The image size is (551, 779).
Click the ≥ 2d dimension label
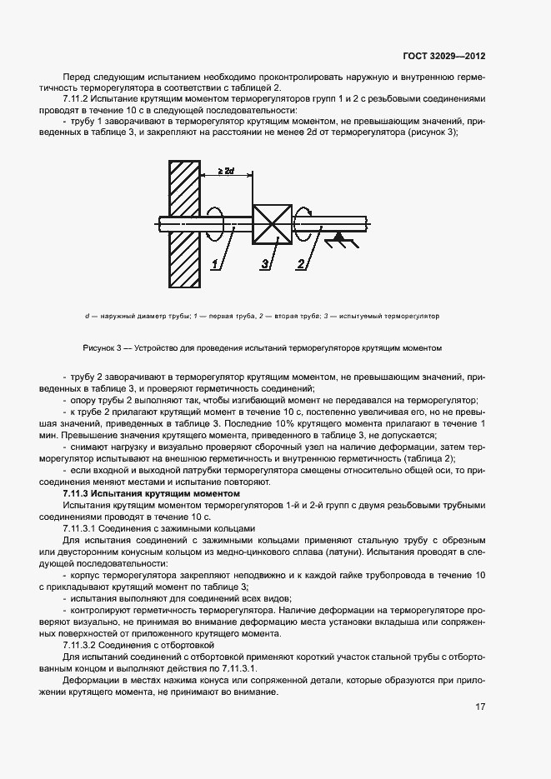pos(225,172)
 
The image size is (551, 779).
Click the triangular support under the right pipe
pos(338,240)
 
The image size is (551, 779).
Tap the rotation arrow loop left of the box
pos(215,223)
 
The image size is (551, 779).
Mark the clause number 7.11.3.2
pos(82,645)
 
